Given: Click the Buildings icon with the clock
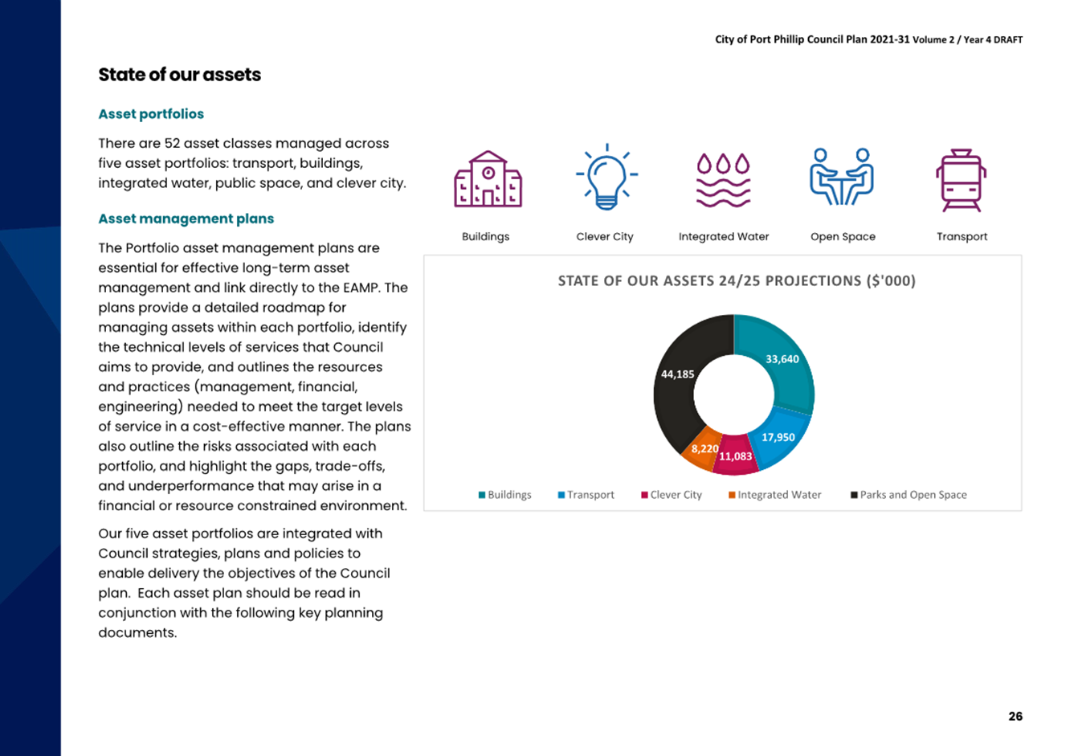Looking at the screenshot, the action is (488, 179).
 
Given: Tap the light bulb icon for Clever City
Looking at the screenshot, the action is (606, 177).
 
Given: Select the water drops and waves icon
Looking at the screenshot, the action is (723, 180).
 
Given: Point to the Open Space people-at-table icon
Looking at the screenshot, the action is (842, 177).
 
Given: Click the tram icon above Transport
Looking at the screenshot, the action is (962, 180).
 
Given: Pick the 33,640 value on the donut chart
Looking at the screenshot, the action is (782, 359).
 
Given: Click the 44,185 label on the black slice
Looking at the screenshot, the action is (677, 374).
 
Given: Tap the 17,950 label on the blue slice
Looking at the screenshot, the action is (778, 437).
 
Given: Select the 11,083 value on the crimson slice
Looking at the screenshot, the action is (735, 456).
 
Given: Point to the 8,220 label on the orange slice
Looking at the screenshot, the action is (704, 449).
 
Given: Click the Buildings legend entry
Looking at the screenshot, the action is (504, 495).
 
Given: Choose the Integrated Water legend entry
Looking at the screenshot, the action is (775, 495).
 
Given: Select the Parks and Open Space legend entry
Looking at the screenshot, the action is (908, 495).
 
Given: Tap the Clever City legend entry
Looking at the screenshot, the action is (672, 495).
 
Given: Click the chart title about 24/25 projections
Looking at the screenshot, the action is (737, 280).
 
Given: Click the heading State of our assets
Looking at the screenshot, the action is (180, 75).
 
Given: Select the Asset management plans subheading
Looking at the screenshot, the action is (186, 219).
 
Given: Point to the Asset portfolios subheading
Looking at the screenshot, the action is (151, 114).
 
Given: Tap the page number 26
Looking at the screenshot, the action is (1015, 716).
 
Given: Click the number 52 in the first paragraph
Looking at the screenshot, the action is (172, 144).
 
